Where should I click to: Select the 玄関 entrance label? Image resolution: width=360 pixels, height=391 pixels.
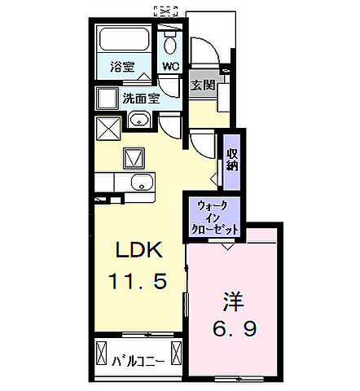tap(203, 85)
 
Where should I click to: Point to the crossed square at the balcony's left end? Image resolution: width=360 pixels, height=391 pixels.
tap(102, 355)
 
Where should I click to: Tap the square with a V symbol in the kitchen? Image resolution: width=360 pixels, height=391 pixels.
tap(133, 156)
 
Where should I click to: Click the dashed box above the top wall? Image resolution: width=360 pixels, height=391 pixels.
tap(165, 11)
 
